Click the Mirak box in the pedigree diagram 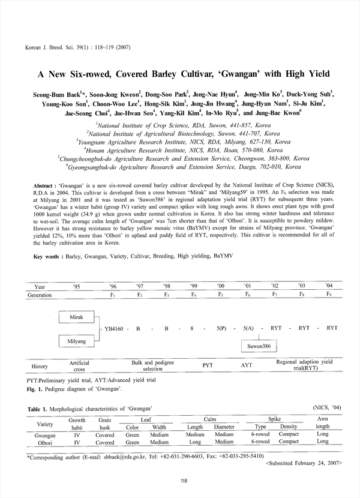pos(76,316)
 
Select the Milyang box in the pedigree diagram pos(76,341)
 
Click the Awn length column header pos(322,422)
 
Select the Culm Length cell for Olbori pos(195,442)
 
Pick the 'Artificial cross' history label pos(79,366)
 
